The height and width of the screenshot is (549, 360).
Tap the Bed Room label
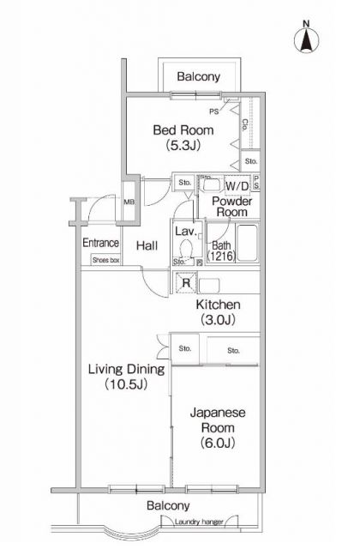[x=183, y=130]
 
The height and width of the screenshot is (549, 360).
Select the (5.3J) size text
[x=183, y=146]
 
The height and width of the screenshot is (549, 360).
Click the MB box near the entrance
[x=129, y=202]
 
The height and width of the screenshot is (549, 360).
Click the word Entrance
[x=99, y=243]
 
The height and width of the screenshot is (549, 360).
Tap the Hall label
[x=146, y=246]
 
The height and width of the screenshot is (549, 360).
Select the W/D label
[x=237, y=186]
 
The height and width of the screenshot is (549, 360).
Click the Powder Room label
[x=232, y=207]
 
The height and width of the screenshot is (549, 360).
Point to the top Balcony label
[x=199, y=77]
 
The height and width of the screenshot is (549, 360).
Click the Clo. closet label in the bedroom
[x=246, y=124]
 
